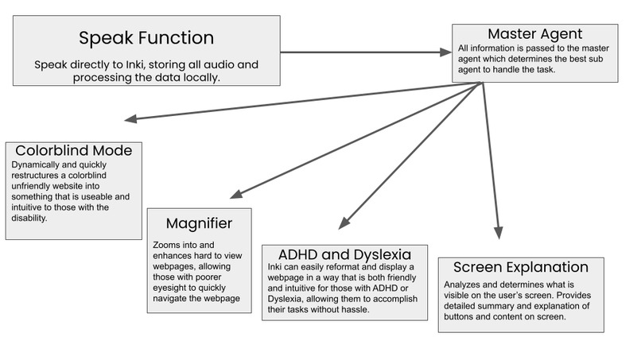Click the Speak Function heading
point(146,37)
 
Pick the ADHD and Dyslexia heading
point(344,256)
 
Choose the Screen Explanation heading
point(520,267)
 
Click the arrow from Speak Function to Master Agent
point(366,52)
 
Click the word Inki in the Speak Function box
point(140,64)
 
